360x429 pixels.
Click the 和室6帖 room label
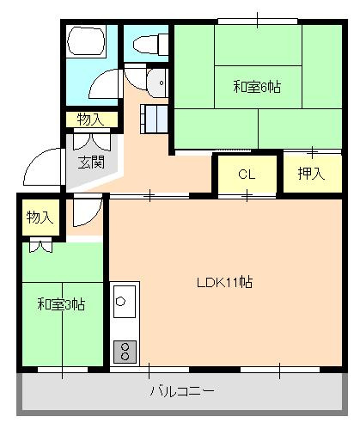tap(256, 86)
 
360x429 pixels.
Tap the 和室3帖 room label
tap(60, 303)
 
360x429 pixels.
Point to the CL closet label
tap(247, 174)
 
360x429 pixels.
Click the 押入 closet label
tap(310, 174)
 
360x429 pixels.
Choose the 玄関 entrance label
tap(90, 161)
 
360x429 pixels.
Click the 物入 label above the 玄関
tap(89, 120)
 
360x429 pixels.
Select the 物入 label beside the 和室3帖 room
tap(40, 218)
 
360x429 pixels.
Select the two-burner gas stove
tap(124, 350)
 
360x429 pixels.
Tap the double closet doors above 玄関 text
tap(89, 140)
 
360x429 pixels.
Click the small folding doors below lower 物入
tap(40, 246)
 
